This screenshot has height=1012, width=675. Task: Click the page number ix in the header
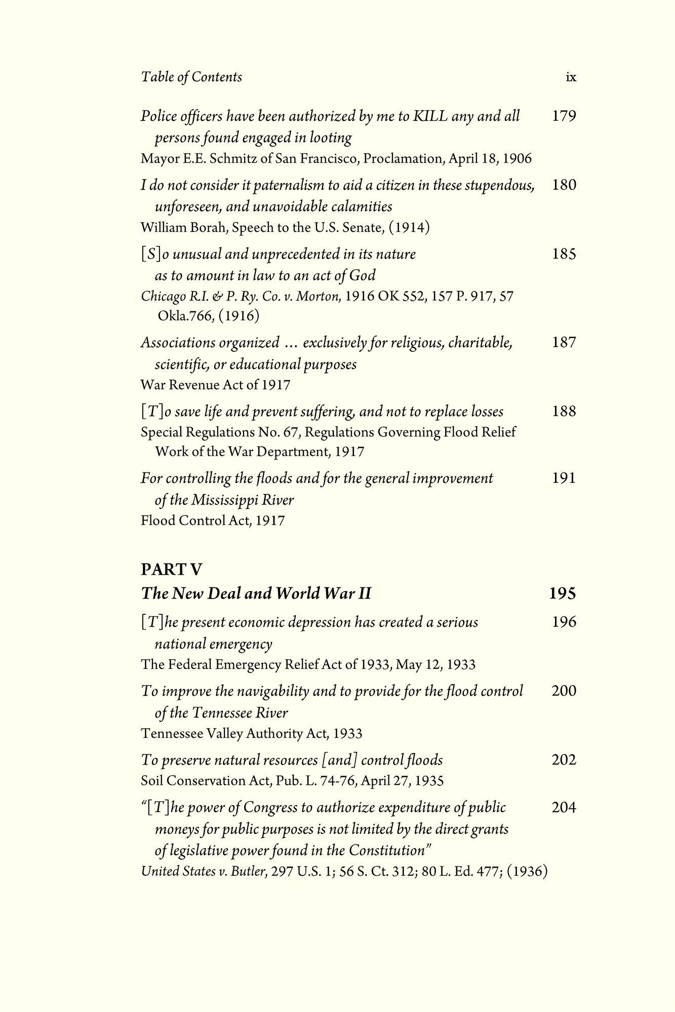coord(571,77)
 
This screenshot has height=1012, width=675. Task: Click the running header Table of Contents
coord(191,77)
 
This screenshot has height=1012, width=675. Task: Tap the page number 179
coord(564,116)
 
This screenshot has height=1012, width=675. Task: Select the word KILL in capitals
coord(430,116)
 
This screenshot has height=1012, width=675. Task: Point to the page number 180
coord(564,185)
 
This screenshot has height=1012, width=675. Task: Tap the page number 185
coord(564,254)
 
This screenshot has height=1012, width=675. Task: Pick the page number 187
coord(564,343)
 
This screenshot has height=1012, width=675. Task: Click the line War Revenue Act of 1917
coord(215,385)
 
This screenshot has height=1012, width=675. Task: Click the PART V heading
coord(171,570)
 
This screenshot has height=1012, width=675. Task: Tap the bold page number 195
coord(563,593)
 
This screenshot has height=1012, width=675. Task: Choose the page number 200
coord(564,691)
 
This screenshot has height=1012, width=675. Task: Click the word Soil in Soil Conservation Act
coord(152,781)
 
